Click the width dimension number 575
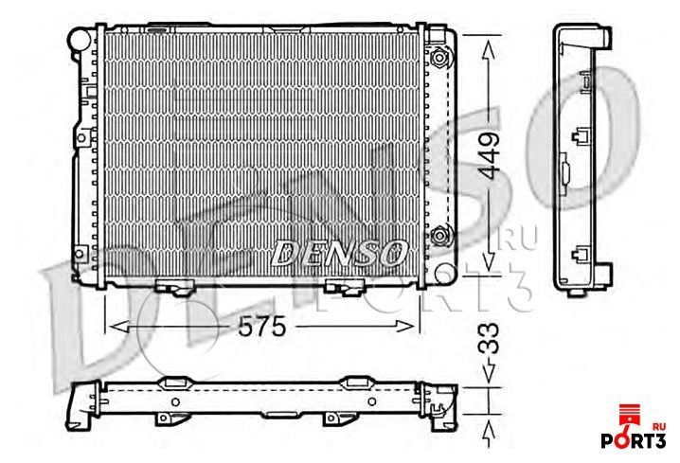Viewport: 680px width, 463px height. (259, 327)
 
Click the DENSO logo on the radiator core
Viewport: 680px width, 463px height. (339, 253)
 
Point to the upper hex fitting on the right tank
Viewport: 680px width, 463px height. (439, 57)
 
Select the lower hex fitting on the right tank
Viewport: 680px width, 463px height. (439, 237)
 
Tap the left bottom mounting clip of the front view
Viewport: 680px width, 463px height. (170, 286)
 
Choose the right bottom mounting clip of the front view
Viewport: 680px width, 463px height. (341, 286)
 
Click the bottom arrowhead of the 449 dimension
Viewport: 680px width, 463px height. (488, 272)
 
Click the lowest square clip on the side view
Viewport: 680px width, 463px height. (582, 252)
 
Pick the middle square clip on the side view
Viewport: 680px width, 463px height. (582, 134)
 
